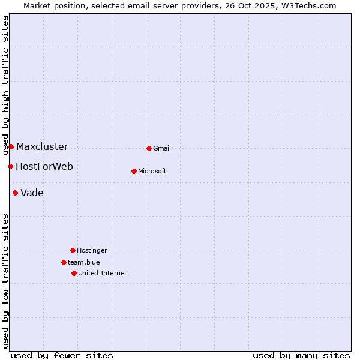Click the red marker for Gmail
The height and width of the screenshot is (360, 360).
click(149, 148)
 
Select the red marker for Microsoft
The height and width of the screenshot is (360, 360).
click(134, 171)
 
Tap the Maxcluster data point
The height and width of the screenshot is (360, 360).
click(11, 146)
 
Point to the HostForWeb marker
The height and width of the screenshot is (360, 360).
click(10, 166)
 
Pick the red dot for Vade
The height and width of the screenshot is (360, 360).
click(15, 193)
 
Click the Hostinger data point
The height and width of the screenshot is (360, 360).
click(73, 250)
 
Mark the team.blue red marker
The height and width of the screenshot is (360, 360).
click(64, 262)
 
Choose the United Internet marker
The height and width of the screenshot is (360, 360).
click(74, 273)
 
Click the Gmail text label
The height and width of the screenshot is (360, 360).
click(162, 149)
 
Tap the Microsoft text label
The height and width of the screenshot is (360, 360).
click(152, 172)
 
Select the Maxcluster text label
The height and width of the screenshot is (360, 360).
click(42, 147)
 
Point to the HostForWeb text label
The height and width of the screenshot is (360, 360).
click(44, 167)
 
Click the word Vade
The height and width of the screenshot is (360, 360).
click(32, 193)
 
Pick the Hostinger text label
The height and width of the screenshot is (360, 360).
click(92, 251)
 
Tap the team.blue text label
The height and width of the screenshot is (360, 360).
click(84, 263)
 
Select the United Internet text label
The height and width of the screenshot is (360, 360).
click(103, 274)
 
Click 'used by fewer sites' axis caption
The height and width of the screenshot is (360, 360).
click(62, 355)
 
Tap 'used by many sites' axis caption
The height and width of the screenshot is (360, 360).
click(301, 355)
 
